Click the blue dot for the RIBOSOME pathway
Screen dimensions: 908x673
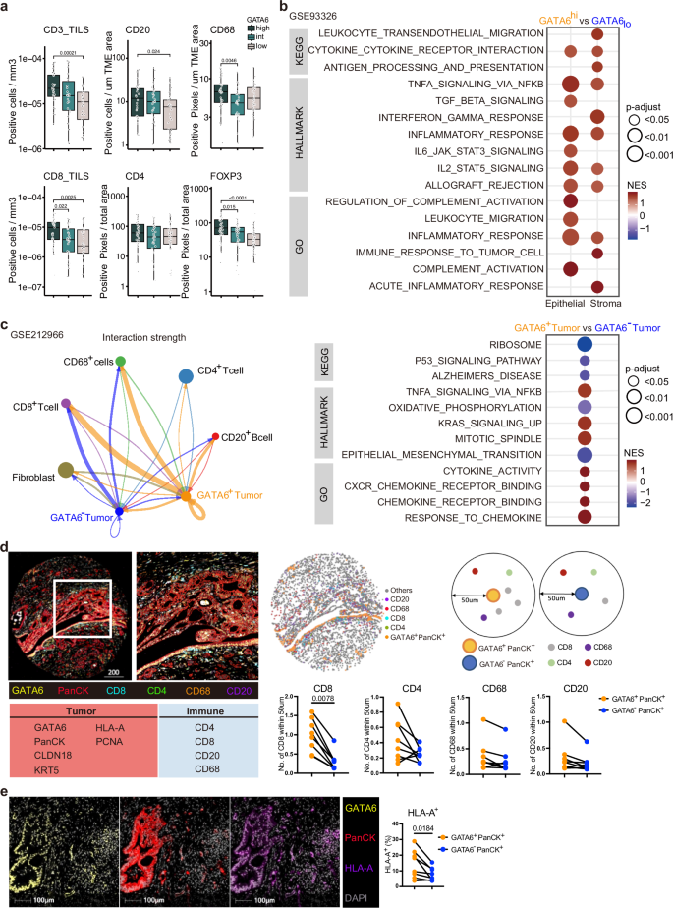pyautogui.click(x=584, y=347)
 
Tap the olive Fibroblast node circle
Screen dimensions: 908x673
pyautogui.click(x=66, y=471)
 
